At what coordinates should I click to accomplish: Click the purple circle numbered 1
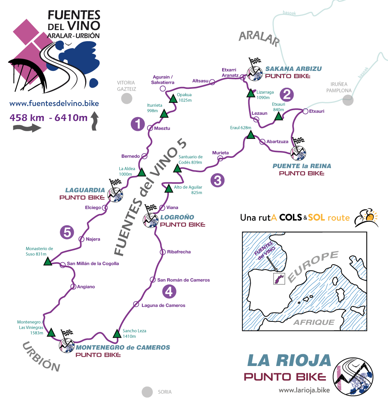[138, 124]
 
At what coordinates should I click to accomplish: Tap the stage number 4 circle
[169, 292]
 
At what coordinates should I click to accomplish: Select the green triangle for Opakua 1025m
[173, 99]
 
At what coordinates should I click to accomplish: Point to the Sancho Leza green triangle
[116, 334]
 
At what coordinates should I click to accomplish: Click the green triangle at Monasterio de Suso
[48, 262]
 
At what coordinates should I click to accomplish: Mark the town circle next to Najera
[81, 239]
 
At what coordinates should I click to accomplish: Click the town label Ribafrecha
[179, 252]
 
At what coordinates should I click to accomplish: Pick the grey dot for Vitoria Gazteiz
[127, 98]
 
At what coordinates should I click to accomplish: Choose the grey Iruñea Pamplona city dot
[347, 100]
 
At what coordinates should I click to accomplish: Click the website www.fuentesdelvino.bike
[54, 103]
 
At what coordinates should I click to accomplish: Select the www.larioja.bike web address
[304, 390]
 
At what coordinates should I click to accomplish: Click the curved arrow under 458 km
[27, 128]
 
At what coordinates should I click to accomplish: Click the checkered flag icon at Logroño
[151, 209]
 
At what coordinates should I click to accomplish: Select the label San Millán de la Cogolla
[92, 263]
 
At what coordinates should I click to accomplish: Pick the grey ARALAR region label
[259, 38]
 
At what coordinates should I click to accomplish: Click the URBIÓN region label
[41, 357]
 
